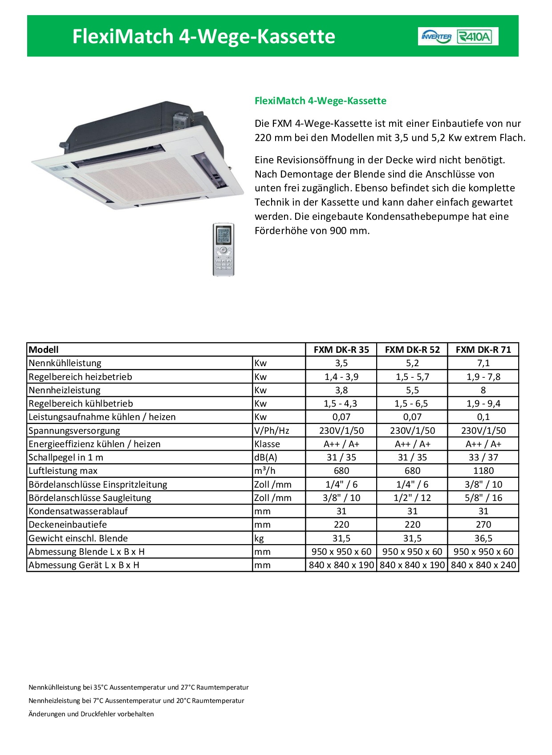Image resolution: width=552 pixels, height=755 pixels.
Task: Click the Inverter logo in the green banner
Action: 436,36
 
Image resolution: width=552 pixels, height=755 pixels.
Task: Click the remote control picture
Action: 223,249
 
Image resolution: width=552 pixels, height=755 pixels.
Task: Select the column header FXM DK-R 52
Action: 412,350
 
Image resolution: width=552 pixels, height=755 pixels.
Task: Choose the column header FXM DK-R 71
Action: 483,350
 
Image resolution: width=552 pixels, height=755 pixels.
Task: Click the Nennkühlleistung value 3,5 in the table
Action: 341,363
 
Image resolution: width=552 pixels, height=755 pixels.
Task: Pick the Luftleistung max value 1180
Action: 483,471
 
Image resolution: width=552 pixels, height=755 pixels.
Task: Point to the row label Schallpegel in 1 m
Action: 66,457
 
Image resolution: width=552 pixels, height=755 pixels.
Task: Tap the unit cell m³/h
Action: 265,471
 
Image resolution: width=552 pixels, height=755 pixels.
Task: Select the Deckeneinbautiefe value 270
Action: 483,525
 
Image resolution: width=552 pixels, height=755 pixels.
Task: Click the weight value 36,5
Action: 483,538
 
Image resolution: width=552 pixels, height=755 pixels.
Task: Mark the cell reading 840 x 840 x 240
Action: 483,565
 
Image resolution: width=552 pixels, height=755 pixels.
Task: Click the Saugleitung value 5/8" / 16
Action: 483,498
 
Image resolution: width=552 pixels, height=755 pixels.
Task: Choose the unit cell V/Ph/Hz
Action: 272,431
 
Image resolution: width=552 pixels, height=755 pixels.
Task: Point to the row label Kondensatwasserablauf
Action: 78,511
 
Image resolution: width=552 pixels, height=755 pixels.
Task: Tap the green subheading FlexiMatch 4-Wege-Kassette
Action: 321,101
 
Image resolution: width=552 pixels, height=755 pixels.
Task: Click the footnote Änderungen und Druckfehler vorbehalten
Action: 91,714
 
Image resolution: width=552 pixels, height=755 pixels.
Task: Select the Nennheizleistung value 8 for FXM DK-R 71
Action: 483,390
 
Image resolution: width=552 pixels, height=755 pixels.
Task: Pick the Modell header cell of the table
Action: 44,350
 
